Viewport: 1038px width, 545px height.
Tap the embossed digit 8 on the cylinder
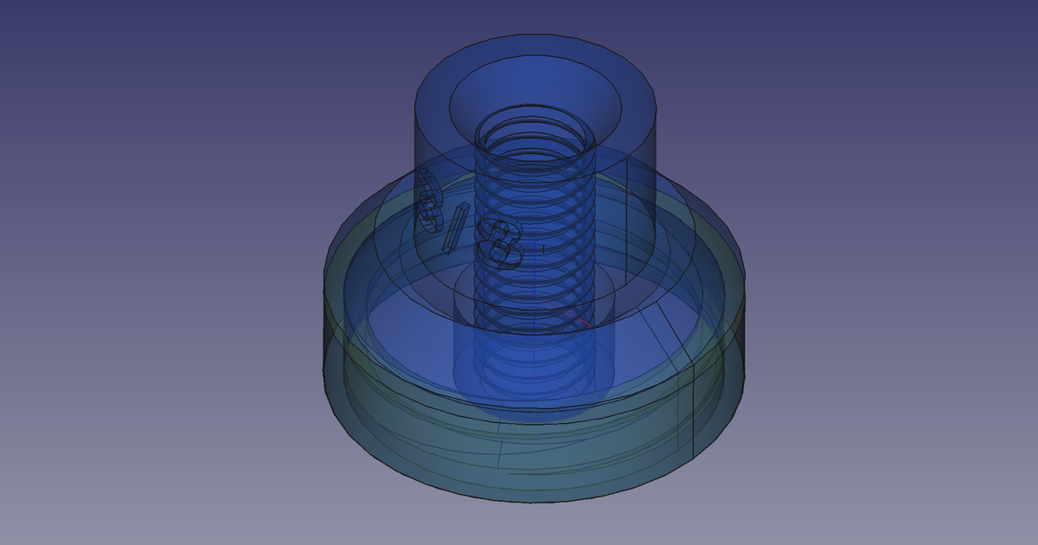coord(500,243)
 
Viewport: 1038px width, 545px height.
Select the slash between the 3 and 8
coord(455,228)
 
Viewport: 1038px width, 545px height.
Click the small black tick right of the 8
coord(542,249)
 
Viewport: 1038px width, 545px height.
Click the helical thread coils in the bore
coord(535,216)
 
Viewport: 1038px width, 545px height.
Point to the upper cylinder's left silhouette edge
coord(416,173)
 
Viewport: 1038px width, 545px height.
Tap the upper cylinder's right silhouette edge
coord(655,173)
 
